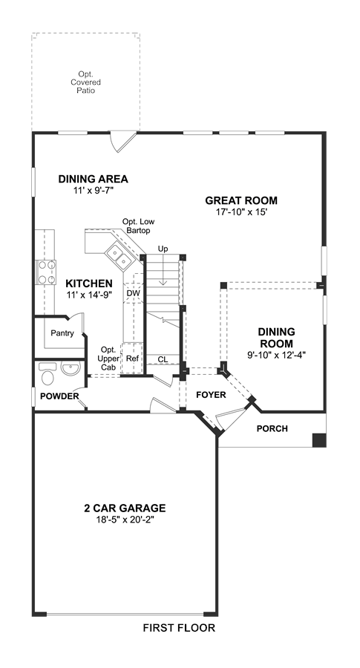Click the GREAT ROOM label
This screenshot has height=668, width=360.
pos(241,200)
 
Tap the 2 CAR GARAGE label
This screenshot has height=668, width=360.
pos(125,508)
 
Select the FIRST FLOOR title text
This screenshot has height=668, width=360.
pos(179,627)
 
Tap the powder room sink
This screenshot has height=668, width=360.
pos(71,368)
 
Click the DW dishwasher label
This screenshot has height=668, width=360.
pos(131,293)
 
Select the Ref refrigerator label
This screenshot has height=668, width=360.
pos(133,358)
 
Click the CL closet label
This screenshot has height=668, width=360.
pos(163,359)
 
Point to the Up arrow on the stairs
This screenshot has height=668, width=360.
pos(163,270)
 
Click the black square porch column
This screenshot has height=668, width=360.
pos(319,440)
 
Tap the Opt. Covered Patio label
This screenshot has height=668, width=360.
pos(85,82)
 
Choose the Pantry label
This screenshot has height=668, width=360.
pos(62,333)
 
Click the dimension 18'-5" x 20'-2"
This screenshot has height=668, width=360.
pos(125,520)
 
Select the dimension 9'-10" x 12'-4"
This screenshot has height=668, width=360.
pos(277,353)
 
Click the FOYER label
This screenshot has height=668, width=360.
pos(211,395)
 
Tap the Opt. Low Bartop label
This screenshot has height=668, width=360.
pos(139,226)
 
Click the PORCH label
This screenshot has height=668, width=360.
pos(272,428)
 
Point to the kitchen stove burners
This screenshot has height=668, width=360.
pos(48,272)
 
